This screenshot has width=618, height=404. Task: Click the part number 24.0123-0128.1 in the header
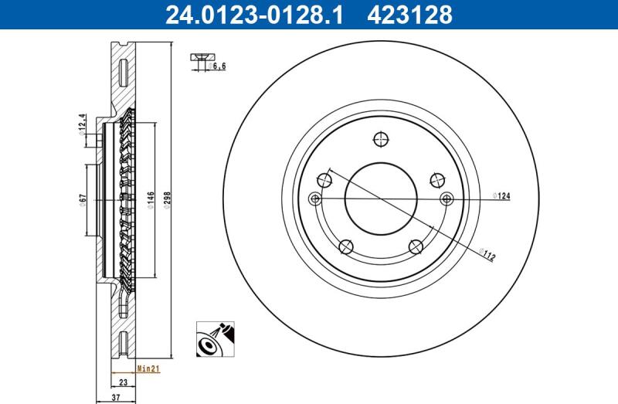254,15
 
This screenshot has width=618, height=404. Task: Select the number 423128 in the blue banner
409,15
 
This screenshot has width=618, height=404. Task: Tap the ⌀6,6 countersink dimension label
217,66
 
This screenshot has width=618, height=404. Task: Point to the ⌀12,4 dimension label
82,124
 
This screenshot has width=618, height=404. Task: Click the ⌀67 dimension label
83,200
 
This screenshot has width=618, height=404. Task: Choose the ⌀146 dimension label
151,200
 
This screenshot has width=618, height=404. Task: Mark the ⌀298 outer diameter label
167,200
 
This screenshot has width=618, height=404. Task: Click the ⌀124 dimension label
501,195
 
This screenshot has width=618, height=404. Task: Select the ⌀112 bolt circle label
487,254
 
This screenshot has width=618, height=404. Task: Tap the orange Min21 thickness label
148,369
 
